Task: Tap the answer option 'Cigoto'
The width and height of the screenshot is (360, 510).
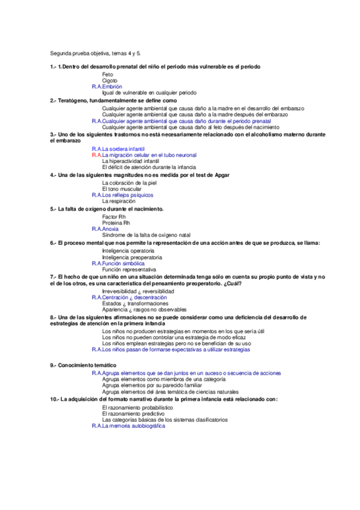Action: click(110, 81)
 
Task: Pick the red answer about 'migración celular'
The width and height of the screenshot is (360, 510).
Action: click(150, 155)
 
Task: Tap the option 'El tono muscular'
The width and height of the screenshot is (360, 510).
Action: click(122, 188)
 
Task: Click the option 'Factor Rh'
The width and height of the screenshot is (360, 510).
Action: click(114, 216)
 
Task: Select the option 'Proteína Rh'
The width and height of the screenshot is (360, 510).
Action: click(116, 223)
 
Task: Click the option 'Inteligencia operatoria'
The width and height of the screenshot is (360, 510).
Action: click(128, 250)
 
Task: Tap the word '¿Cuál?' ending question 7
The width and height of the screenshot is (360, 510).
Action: click(233, 283)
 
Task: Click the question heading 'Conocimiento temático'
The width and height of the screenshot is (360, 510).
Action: click(87, 365)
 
